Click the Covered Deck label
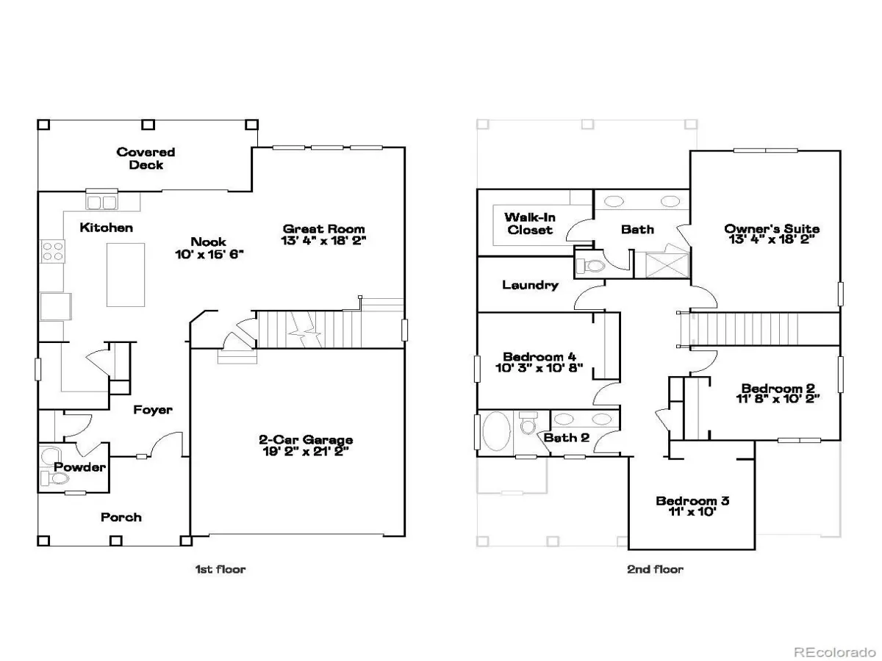[146, 158]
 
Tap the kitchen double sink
[101, 202]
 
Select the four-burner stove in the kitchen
[53, 251]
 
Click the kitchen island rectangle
[126, 275]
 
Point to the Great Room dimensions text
[323, 240]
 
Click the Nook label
[208, 242]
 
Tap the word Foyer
[153, 410]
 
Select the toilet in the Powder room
[55, 478]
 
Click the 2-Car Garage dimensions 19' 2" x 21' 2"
[306, 452]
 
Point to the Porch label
[121, 517]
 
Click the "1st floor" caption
[220, 569]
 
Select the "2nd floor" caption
[655, 569]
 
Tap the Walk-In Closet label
[530, 223]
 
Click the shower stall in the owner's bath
[667, 265]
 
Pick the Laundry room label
[531, 285]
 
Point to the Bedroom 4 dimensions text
[539, 368]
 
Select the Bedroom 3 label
[692, 500]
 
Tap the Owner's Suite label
[772, 228]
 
